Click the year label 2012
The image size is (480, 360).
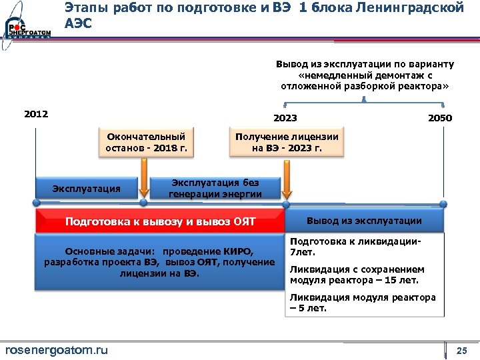pyautogui.click(x=36, y=114)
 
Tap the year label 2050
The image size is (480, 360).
pyautogui.click(x=440, y=118)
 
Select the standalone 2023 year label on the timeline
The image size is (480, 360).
pyautogui.click(x=286, y=118)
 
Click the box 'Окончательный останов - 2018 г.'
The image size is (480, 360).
pyautogui.click(x=147, y=142)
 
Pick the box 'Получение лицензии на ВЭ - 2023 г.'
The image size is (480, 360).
pyautogui.click(x=286, y=142)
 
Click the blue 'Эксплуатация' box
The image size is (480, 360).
pyautogui.click(x=87, y=189)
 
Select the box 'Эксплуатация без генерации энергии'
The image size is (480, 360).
pyautogui.click(x=215, y=189)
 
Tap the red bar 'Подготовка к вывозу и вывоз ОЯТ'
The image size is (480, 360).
pyautogui.click(x=160, y=221)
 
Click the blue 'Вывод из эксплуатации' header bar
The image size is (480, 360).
pyautogui.click(x=364, y=221)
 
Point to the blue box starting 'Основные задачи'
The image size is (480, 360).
pyautogui.click(x=159, y=263)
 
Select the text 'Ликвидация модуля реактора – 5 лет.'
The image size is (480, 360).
pyautogui.click(x=363, y=303)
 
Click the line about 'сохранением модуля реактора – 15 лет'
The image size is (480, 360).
pyautogui.click(x=357, y=275)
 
